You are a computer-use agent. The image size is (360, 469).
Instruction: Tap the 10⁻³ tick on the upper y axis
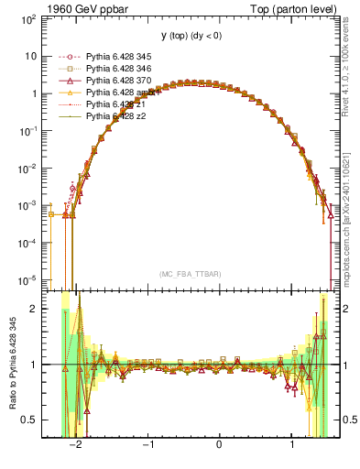30,205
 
